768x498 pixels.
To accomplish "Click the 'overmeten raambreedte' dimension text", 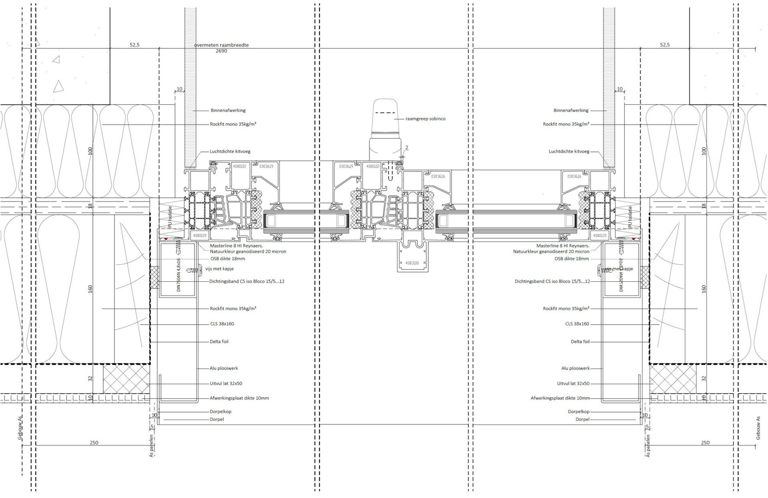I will pyautogui.click(x=222, y=45).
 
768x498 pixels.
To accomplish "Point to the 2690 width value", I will pyautogui.click(x=222, y=51).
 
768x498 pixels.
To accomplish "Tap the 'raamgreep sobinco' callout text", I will pyautogui.click(x=426, y=119).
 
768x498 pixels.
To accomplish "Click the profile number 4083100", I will pyautogui.click(x=412, y=263).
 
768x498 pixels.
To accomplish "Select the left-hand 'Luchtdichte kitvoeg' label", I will pyautogui.click(x=230, y=151).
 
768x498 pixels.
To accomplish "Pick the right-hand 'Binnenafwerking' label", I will pyautogui.click(x=571, y=110).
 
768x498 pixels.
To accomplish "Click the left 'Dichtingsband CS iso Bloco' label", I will pyautogui.click(x=246, y=281).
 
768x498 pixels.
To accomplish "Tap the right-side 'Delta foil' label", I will pyautogui.click(x=580, y=342).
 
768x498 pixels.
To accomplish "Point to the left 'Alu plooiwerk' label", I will pyautogui.click(x=224, y=368).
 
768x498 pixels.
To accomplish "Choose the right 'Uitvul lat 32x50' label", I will pyautogui.click(x=573, y=383).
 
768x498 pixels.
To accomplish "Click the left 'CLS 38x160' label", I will pyautogui.click(x=222, y=324).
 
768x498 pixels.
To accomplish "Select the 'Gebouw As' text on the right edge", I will pyautogui.click(x=758, y=427).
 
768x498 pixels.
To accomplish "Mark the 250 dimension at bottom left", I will pyautogui.click(x=94, y=443).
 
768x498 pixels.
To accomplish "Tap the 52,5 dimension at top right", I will pyautogui.click(x=665, y=45).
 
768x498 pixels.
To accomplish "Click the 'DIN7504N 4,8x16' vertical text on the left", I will pyautogui.click(x=179, y=275).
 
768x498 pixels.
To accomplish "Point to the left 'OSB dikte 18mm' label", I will pyautogui.click(x=227, y=259).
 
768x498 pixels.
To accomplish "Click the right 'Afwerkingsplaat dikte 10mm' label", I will pyautogui.click(x=560, y=398).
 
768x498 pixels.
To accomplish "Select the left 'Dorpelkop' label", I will pyautogui.click(x=220, y=411).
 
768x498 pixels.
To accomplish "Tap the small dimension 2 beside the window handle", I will pyautogui.click(x=407, y=148).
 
